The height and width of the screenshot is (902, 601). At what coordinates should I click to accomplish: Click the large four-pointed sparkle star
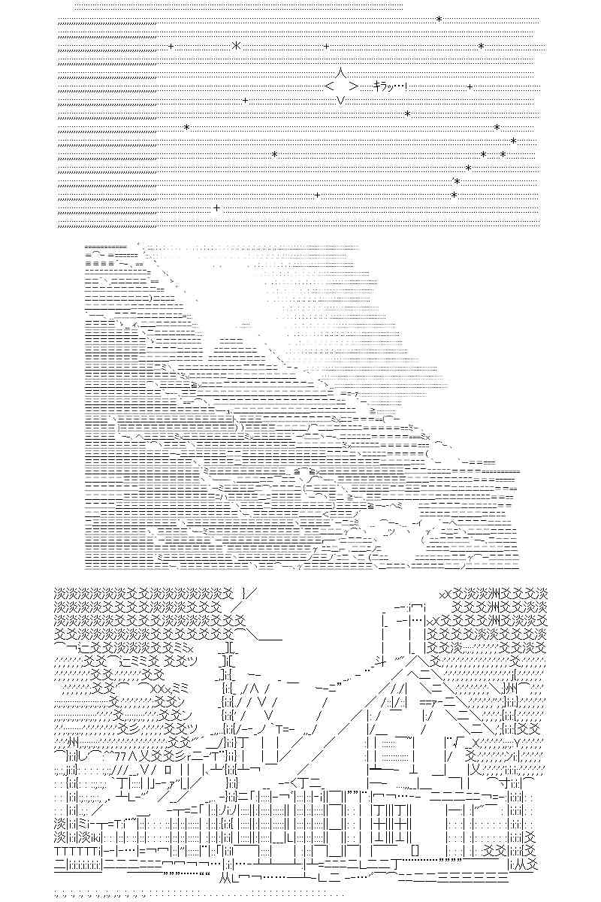coord(341,86)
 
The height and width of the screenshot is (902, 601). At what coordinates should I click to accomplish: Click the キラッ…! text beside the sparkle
coord(390,86)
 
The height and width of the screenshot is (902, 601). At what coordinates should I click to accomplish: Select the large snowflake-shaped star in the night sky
coord(237,46)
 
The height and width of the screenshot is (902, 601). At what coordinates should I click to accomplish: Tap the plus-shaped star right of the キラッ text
coord(470,86)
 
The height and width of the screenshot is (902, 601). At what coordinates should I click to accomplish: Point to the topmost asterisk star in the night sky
coord(439,20)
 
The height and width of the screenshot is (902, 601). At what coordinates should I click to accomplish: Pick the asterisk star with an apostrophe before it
coord(457,181)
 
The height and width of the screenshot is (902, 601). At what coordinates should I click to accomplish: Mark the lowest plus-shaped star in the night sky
coord(217,208)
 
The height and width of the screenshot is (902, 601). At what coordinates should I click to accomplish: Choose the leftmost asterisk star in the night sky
coord(186,128)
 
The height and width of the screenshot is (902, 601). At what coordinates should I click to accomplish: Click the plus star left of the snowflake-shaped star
coord(171,47)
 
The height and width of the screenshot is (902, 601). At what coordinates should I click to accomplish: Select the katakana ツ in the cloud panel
coord(390,532)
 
